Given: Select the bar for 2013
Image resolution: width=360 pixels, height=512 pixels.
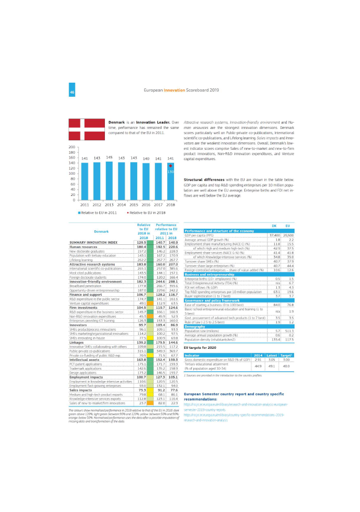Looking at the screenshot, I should [x=109, y=181].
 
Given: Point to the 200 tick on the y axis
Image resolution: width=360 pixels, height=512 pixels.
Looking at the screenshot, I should [x=72, y=147].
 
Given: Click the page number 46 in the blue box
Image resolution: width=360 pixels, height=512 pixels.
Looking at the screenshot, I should [x=72, y=90].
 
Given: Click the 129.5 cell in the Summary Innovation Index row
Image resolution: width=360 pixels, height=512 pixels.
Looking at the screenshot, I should [x=141, y=242].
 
